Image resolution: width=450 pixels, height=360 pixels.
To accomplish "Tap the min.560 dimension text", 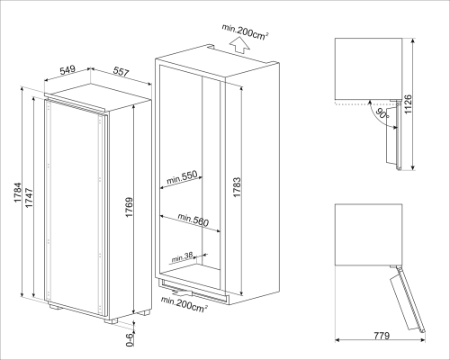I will pos(193,219).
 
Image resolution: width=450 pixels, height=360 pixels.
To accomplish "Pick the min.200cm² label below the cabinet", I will pos(184,307).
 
